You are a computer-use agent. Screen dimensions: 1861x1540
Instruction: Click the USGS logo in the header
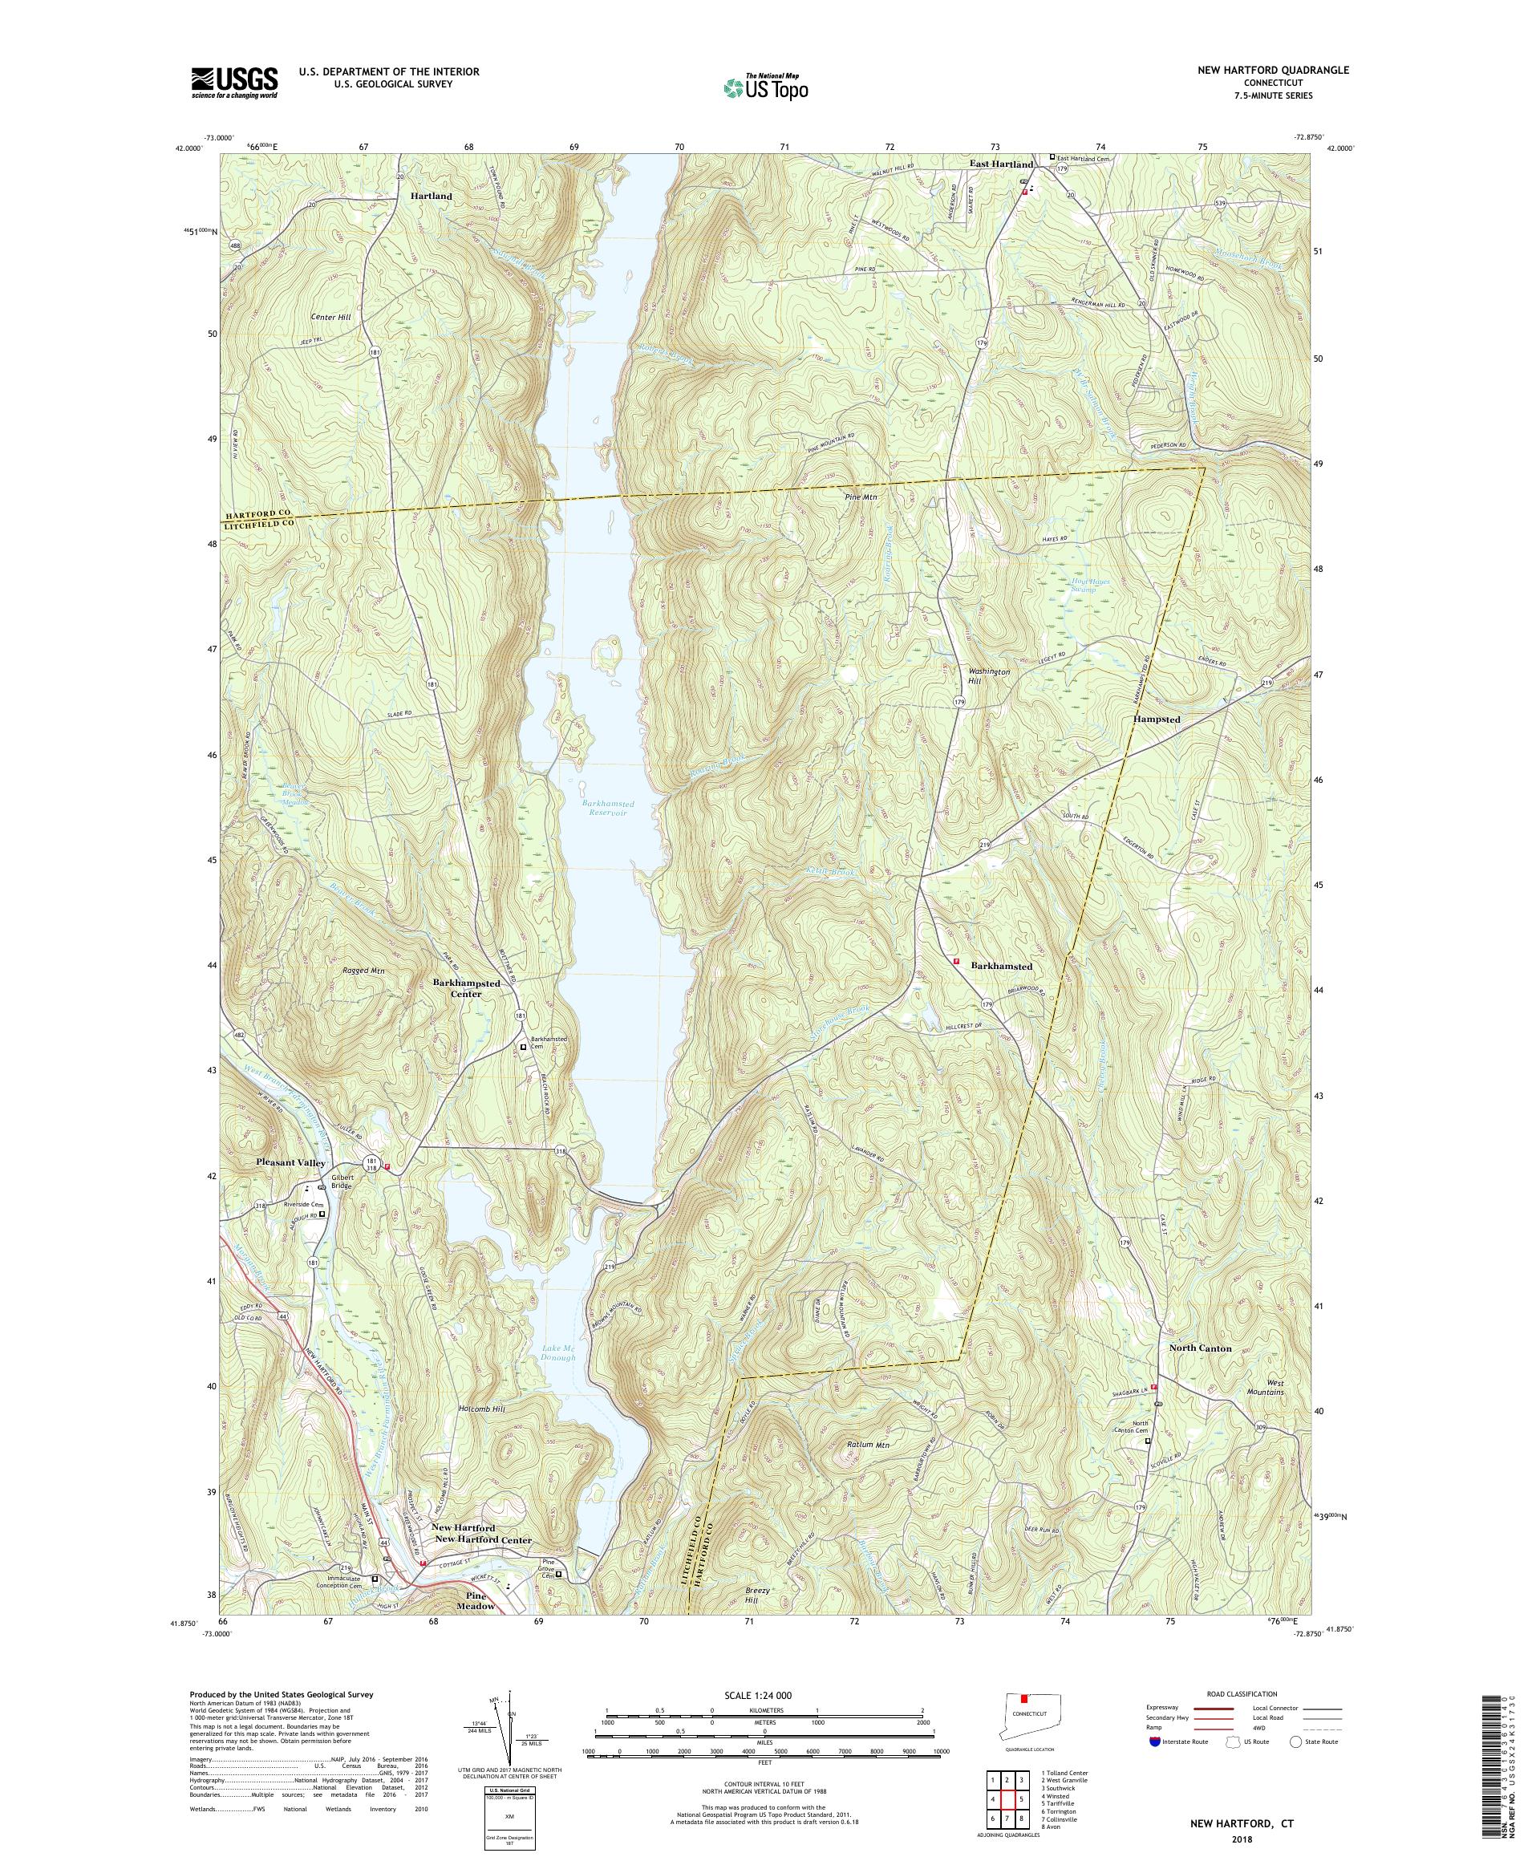click(x=234, y=83)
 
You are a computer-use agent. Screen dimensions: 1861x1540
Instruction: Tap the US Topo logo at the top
click(x=767, y=86)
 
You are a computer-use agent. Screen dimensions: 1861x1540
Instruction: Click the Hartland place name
click(x=431, y=196)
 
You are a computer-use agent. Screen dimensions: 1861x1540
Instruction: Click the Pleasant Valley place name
click(x=291, y=1162)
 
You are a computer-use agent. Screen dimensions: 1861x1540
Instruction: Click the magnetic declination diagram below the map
click(x=507, y=1744)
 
